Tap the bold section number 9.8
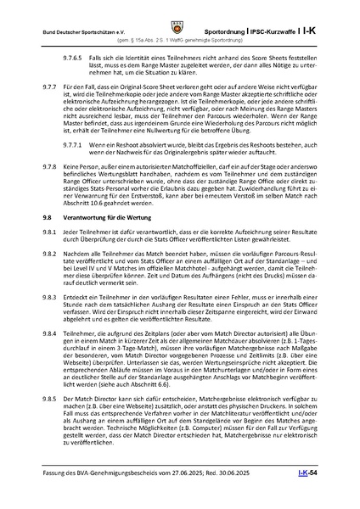click(48, 240)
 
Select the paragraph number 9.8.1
click(51, 255)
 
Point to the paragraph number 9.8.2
click(51, 278)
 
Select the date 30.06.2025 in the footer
click(267, 494)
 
